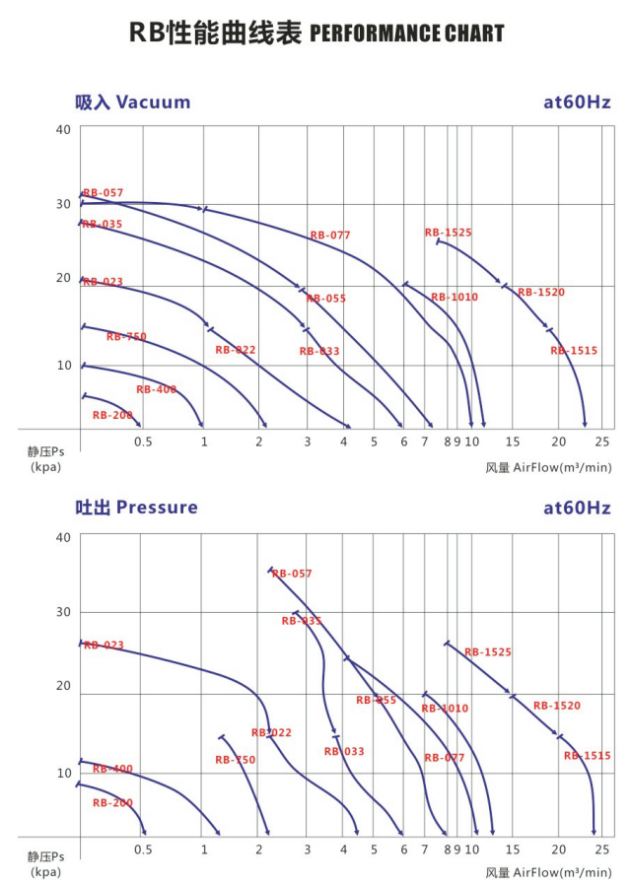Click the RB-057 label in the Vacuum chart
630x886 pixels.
coord(104,193)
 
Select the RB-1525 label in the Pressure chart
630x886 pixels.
coord(488,652)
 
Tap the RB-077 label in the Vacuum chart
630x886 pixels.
coord(330,236)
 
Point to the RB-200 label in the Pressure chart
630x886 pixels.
coord(112,803)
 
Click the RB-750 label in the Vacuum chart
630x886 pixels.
coord(126,337)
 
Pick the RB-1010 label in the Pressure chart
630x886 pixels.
coord(445,709)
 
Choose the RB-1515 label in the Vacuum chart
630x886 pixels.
coord(574,351)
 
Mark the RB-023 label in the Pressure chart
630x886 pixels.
coord(104,646)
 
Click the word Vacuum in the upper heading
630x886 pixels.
coord(153,102)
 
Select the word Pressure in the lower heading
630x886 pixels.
coord(157,508)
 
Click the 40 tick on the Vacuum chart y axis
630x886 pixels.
coord(63,129)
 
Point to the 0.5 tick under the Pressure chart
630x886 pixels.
coord(143,850)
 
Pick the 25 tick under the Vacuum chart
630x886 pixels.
coord(603,442)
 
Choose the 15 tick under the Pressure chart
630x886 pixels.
coord(512,850)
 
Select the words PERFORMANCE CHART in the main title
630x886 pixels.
coord(406,34)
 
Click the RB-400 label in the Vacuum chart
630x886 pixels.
coord(156,389)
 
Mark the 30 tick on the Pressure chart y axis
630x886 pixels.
coord(63,612)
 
